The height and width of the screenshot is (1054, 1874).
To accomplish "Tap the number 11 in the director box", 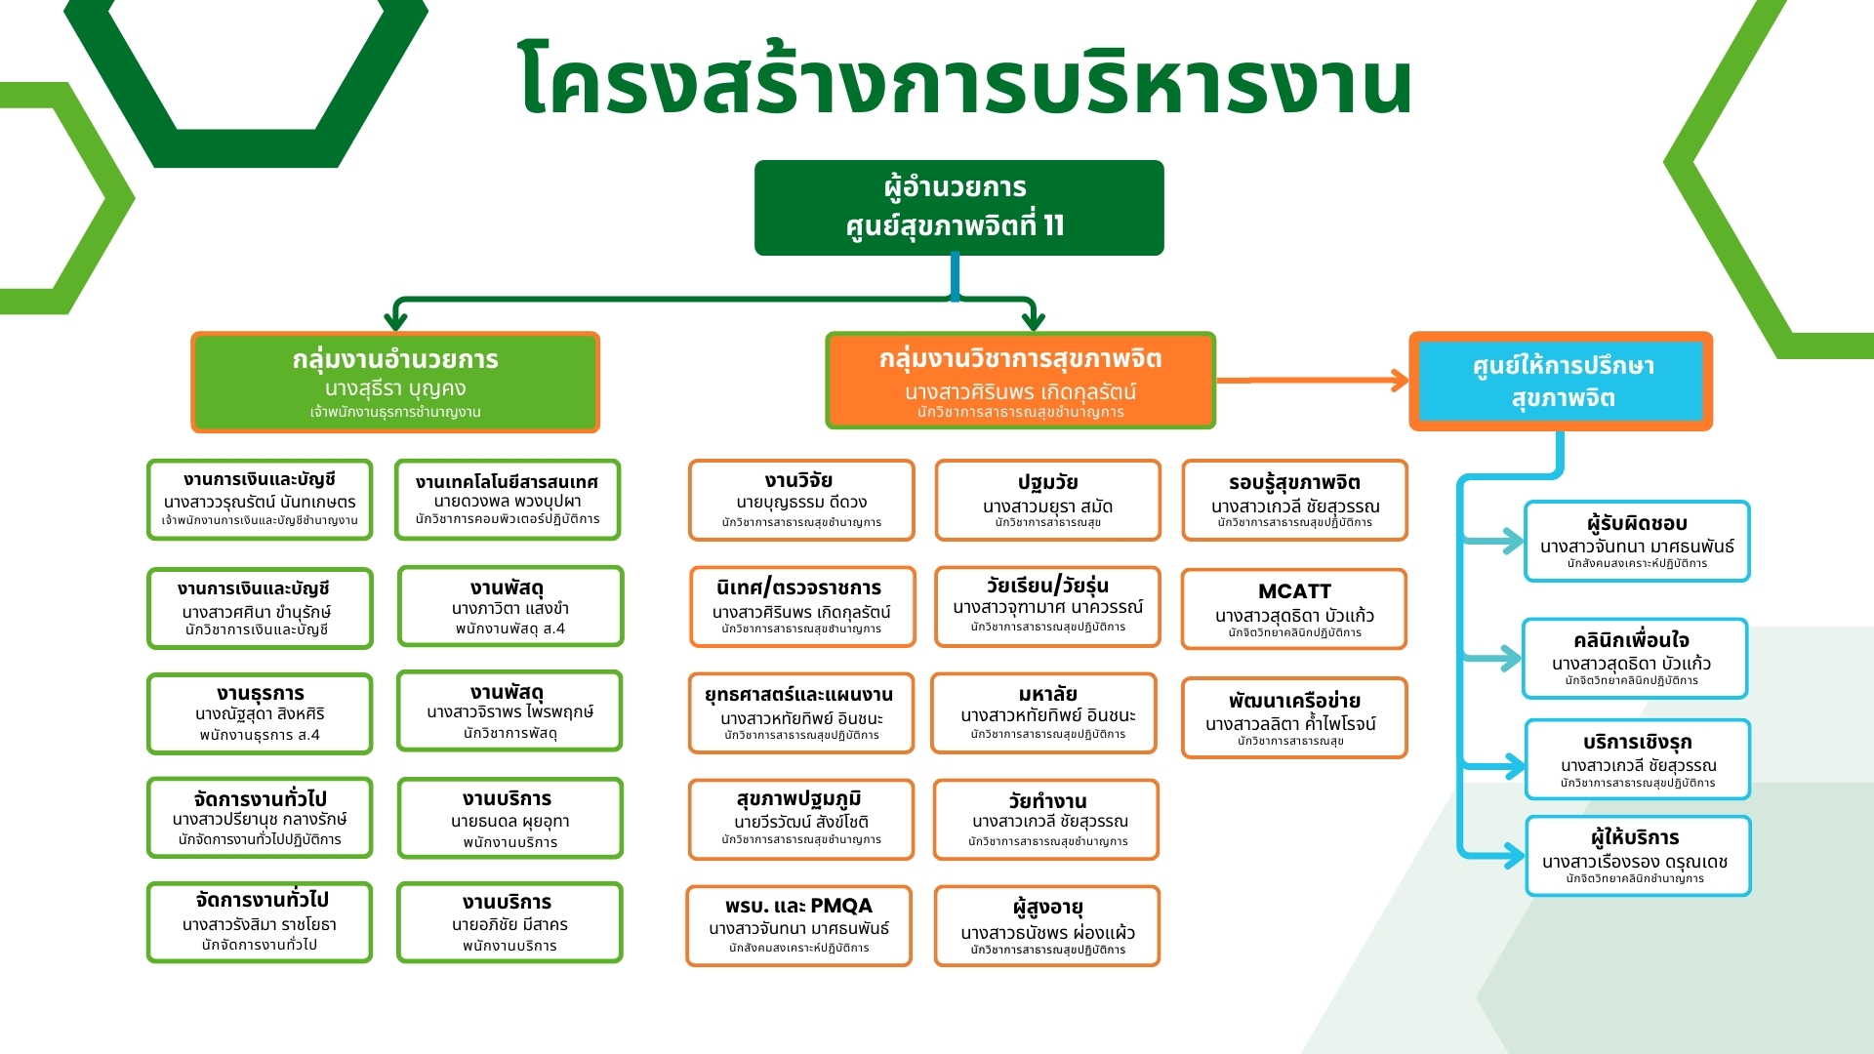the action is tap(1053, 226).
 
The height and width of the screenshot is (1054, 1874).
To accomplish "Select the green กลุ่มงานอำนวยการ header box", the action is tap(395, 382).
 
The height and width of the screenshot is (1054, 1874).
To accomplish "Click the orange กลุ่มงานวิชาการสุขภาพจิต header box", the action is tap(1020, 381).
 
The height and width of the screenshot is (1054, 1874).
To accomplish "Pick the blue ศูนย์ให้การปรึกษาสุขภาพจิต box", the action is tap(1561, 381).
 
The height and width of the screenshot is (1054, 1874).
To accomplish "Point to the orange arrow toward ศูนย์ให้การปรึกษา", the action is tap(1313, 381).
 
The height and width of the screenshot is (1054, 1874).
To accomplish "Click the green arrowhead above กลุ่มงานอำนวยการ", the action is tap(395, 318).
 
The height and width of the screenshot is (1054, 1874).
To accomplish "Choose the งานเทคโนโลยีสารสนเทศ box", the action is tap(508, 500).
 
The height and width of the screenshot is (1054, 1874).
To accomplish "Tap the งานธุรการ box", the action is tap(260, 713).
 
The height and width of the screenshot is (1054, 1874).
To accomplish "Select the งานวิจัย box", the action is tap(801, 500).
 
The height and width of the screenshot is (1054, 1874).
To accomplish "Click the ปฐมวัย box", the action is tap(1048, 500).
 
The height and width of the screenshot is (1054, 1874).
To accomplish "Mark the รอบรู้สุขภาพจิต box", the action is tap(1294, 500).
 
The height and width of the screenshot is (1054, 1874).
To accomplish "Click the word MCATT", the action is tap(1294, 591).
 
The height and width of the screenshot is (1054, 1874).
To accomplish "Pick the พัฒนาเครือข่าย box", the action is tap(1294, 717).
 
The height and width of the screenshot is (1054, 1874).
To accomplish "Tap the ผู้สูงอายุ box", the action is tap(1047, 925).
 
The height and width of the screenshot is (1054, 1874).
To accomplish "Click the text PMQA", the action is tap(841, 906).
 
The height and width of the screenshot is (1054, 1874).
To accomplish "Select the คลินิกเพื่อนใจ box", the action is tap(1635, 659).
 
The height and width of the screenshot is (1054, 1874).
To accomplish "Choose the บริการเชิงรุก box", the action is tap(1638, 759).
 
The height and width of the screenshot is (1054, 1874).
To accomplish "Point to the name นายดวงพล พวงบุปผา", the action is tap(508, 502).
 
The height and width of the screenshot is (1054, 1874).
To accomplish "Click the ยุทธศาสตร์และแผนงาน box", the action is tap(801, 713).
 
